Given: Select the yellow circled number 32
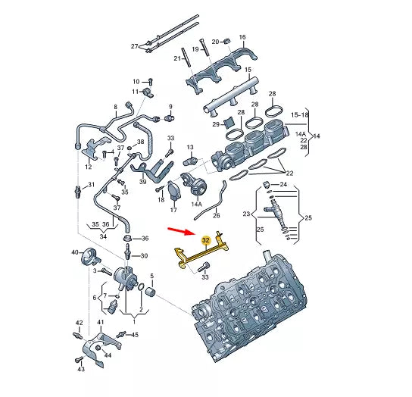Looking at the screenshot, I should point(205,239).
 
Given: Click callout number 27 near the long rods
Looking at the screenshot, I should point(135,46).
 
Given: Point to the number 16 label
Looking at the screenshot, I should point(242,37).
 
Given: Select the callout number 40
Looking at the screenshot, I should point(75,252).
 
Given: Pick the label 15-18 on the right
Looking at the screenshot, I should point(301,114).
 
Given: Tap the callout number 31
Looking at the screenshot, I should point(91,184).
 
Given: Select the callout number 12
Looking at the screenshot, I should point(89,166).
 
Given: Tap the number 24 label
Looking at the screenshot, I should point(283,184).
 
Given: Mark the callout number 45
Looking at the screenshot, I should point(136,334).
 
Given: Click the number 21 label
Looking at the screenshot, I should point(179,58).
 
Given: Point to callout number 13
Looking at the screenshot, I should point(190,147).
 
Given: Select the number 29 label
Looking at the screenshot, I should point(216,124).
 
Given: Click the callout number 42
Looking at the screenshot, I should point(78,324).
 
